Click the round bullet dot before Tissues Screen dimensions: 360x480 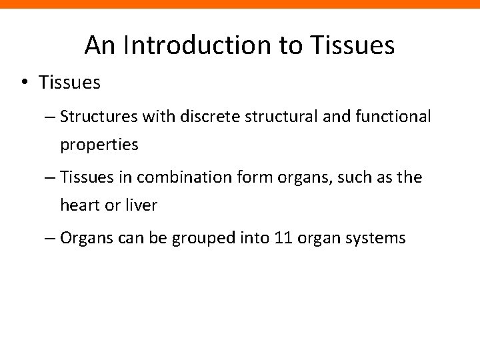coord(25,83)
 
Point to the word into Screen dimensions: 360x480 coord(252,238)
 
